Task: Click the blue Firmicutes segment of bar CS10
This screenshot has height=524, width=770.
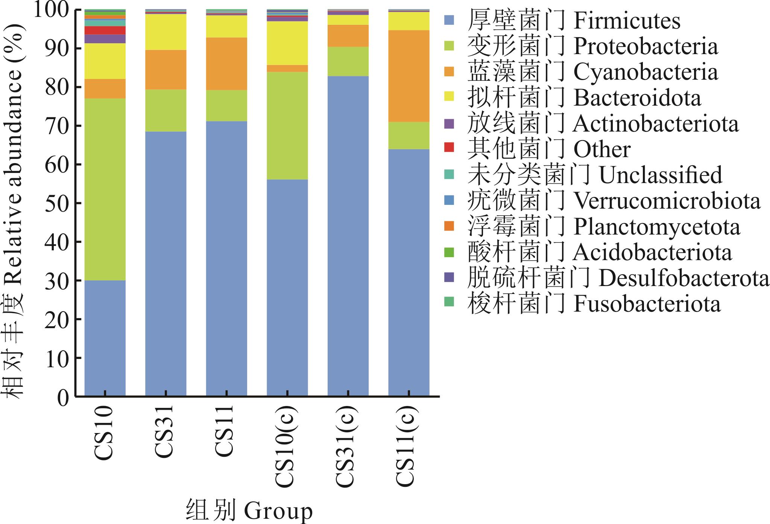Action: (x=105, y=338)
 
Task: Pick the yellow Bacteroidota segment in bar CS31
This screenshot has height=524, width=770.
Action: (x=166, y=32)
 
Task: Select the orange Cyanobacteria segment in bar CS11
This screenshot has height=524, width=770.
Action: (x=226, y=64)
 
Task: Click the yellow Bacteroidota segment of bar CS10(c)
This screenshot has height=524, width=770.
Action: (x=287, y=43)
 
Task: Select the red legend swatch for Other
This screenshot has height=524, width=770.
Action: (x=449, y=148)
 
